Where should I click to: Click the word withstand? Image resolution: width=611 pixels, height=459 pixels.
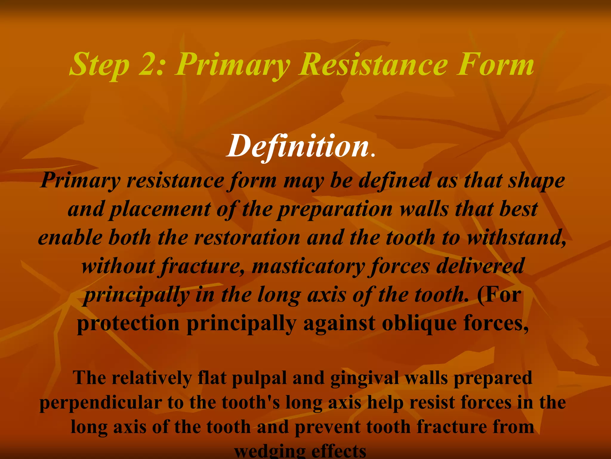tap(516, 238)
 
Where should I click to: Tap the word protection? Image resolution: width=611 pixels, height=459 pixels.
tap(128, 323)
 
